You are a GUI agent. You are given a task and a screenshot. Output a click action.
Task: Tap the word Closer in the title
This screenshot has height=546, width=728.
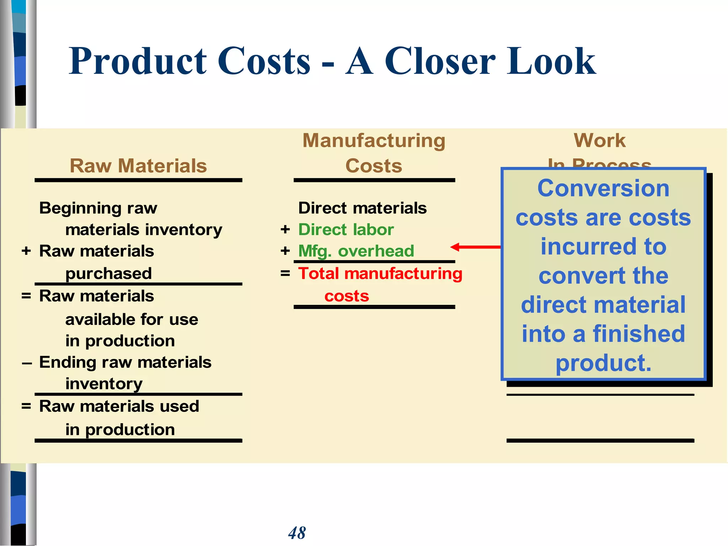click(x=440, y=61)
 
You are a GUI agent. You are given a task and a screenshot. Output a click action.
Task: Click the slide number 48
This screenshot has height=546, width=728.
click(x=297, y=533)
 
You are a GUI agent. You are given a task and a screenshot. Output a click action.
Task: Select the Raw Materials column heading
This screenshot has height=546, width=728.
click(x=138, y=166)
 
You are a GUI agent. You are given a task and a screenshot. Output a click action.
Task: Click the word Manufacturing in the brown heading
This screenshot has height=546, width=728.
click(x=374, y=140)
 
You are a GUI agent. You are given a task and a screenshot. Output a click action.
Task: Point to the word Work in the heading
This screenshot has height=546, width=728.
click(x=600, y=140)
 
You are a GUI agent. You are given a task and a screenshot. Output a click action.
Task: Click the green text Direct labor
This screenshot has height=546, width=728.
click(x=346, y=230)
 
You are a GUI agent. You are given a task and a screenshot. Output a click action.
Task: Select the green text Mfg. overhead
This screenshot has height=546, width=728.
click(x=356, y=251)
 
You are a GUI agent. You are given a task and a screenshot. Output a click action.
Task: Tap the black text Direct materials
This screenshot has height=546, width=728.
click(x=362, y=208)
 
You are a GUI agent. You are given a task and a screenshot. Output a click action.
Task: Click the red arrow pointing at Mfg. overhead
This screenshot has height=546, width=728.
click(x=475, y=247)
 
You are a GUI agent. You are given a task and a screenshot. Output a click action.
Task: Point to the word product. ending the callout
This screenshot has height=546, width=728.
click(x=603, y=363)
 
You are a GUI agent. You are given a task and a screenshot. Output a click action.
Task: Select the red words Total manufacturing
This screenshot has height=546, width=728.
click(x=380, y=274)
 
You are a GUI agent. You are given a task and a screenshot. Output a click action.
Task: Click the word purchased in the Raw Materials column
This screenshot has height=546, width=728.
click(x=108, y=274)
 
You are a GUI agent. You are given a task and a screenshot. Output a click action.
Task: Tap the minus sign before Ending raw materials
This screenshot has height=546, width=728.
click(x=27, y=363)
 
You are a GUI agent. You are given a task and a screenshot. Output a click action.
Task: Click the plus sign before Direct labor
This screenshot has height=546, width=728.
click(x=285, y=230)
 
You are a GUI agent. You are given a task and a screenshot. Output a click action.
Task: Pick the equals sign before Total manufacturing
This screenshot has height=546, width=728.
click(x=285, y=274)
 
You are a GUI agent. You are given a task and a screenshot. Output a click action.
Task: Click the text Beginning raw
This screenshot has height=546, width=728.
click(x=98, y=208)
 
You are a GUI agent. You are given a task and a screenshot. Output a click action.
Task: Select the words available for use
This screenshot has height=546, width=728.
click(x=132, y=319)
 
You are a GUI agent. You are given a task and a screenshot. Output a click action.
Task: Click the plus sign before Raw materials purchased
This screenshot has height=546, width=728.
click(x=26, y=251)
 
